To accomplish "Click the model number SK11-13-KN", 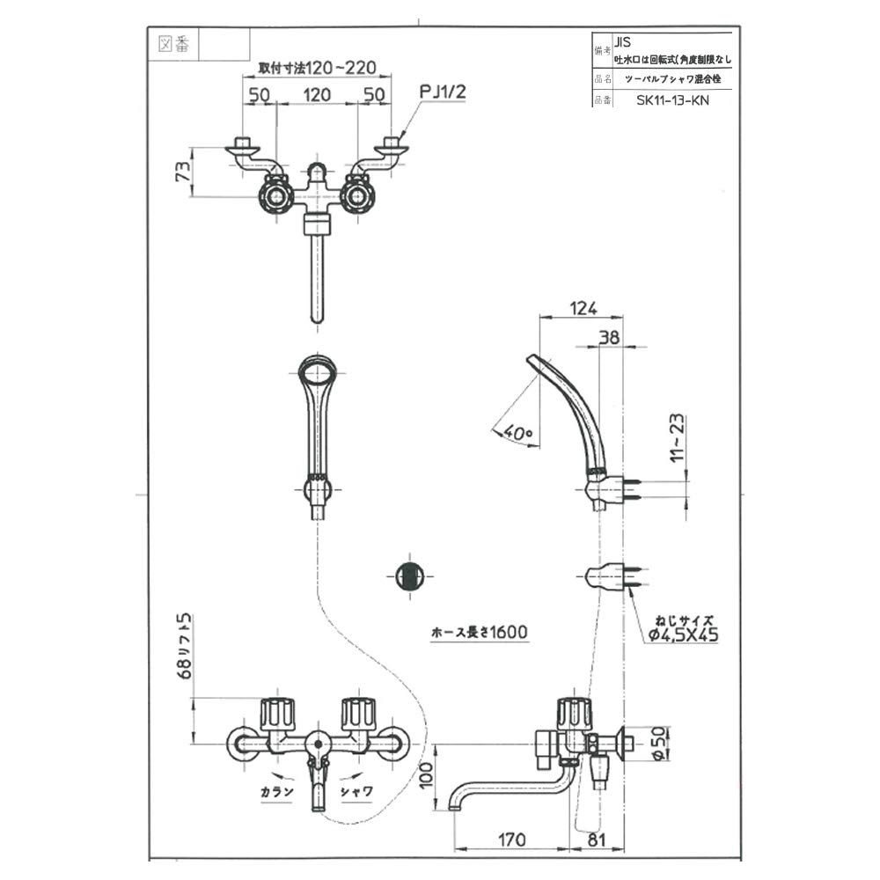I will click(672, 99).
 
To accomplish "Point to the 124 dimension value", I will click(582, 308).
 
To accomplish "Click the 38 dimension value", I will click(609, 335).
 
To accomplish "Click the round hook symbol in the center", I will click(407, 577).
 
